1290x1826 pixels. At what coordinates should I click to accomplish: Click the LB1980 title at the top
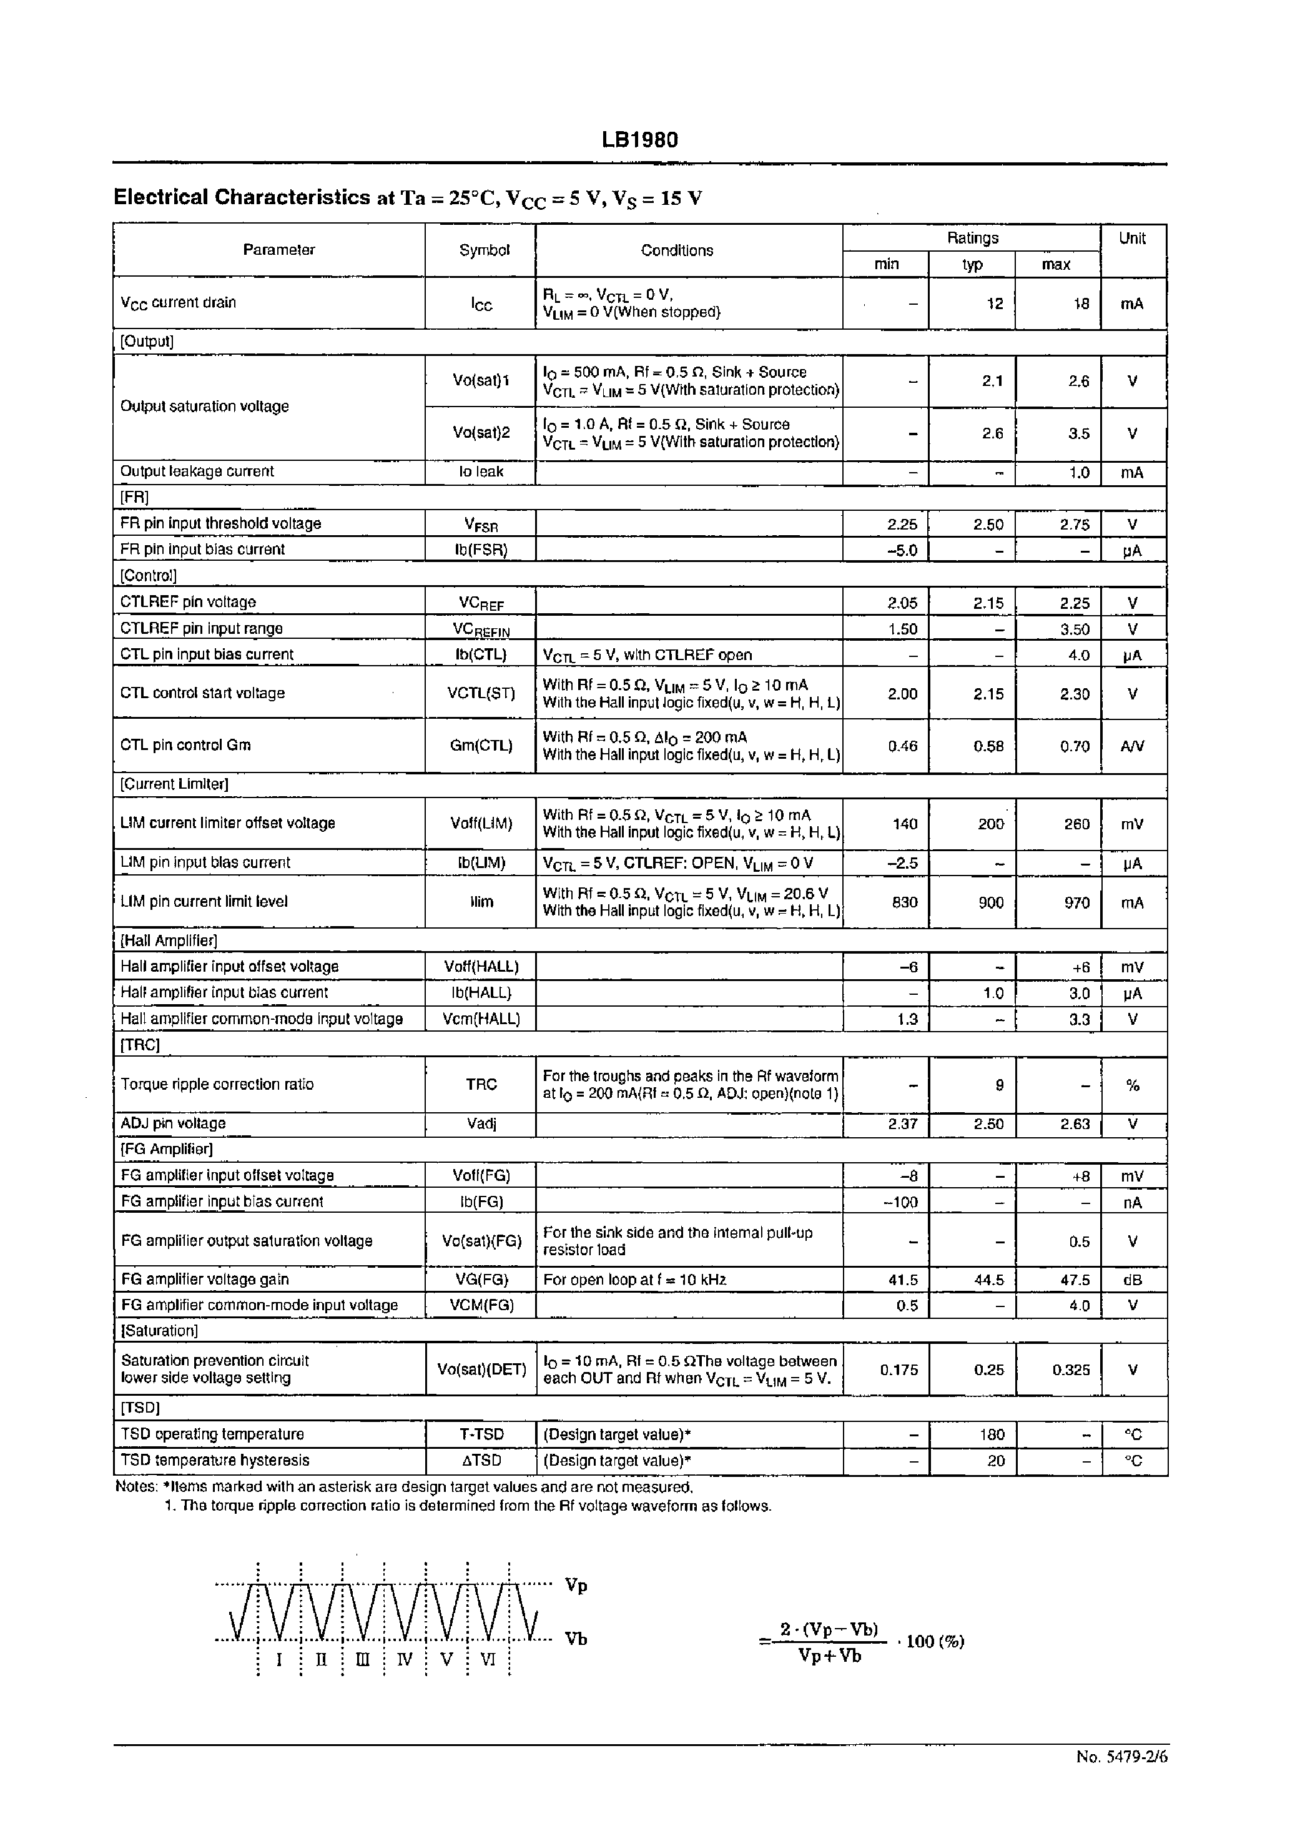coord(639,140)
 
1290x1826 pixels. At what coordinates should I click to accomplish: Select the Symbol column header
coord(483,250)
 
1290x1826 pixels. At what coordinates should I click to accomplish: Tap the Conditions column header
coord(677,250)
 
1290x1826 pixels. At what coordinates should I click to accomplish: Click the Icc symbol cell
coord(481,304)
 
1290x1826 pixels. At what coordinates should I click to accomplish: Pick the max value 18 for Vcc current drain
coord(1080,304)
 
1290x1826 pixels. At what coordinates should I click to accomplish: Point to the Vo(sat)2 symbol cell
coord(481,433)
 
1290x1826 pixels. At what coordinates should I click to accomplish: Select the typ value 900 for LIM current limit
coord(990,902)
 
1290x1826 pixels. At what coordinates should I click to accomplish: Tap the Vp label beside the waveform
coord(576,1586)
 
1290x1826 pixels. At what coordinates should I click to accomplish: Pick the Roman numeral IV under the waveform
coord(405,1661)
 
